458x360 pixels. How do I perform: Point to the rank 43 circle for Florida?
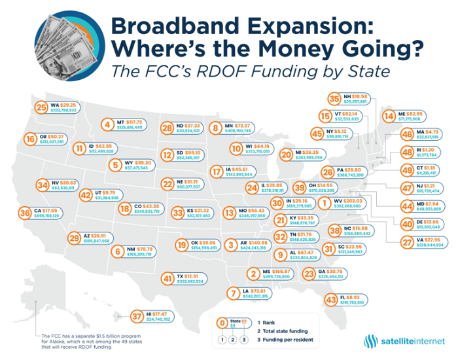[x=331, y=300]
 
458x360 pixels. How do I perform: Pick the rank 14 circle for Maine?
[x=387, y=117]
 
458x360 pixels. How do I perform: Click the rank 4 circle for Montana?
[x=107, y=124]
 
